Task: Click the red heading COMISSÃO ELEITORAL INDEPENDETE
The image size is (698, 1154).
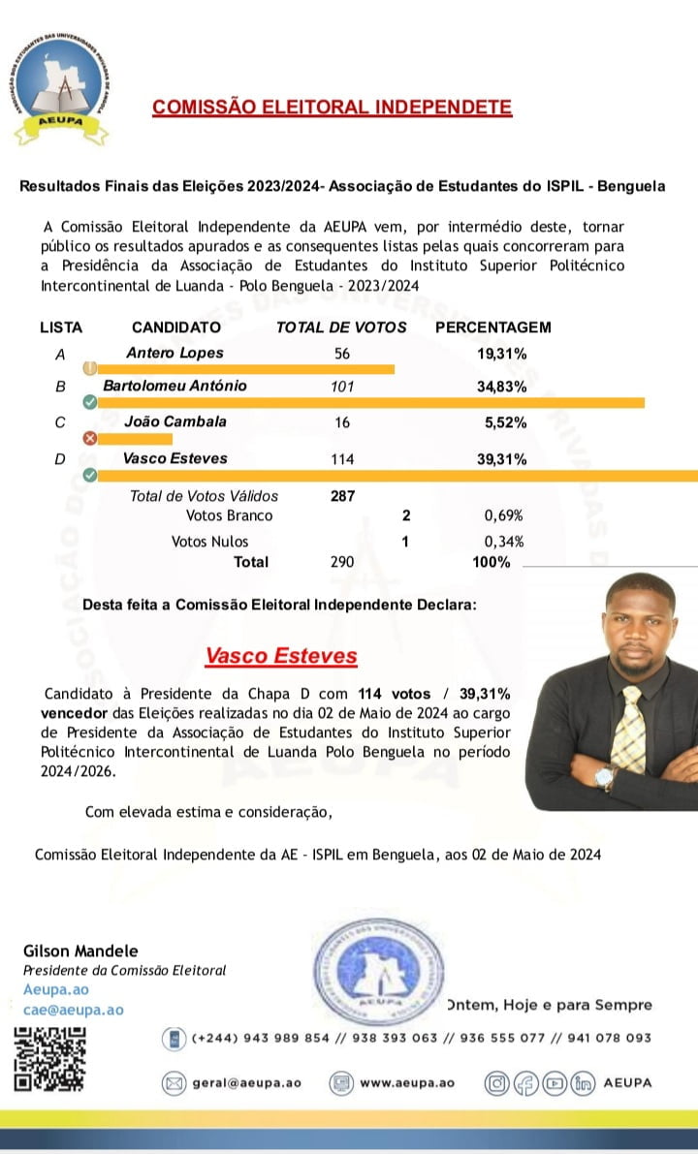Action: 332,107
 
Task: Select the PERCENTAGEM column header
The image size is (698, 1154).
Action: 492,327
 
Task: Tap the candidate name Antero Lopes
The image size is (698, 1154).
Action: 174,354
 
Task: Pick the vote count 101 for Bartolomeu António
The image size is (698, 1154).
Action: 342,387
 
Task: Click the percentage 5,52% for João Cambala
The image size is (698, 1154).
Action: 505,422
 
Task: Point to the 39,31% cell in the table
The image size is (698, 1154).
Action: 501,459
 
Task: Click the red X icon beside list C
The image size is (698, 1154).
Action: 90,438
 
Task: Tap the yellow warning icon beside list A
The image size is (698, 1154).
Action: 90,368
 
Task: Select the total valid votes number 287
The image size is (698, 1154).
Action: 342,496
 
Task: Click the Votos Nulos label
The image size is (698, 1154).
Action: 209,542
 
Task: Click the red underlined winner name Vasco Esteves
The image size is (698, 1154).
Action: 281,656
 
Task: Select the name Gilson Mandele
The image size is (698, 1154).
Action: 80,951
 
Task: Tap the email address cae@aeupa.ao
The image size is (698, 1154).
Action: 74,1010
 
